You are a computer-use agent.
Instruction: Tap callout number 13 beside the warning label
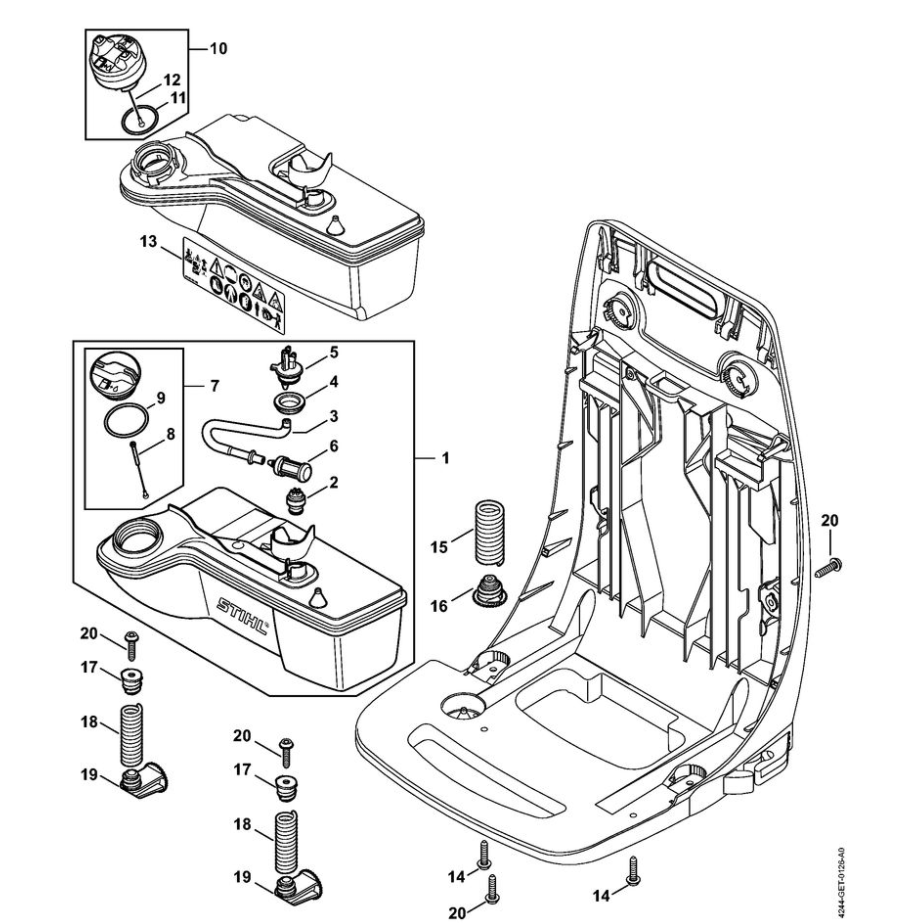(x=149, y=241)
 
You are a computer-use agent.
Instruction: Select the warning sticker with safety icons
(x=233, y=285)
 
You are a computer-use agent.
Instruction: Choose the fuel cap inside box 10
(x=125, y=62)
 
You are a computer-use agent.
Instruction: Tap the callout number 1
(x=445, y=459)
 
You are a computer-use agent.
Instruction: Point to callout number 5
(x=335, y=352)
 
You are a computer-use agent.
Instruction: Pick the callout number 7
(x=216, y=384)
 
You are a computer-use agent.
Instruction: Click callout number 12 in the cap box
(x=171, y=79)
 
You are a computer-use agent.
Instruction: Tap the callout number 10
(x=218, y=48)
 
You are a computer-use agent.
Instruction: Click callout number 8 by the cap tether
(x=170, y=434)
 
